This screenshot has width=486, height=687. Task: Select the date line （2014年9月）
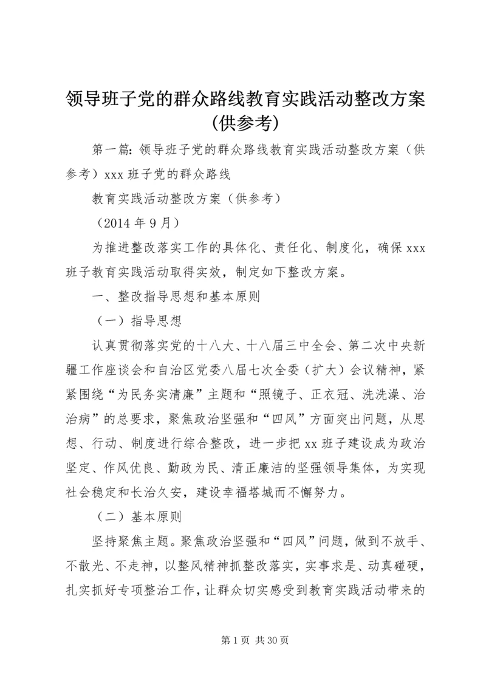pos(139,221)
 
